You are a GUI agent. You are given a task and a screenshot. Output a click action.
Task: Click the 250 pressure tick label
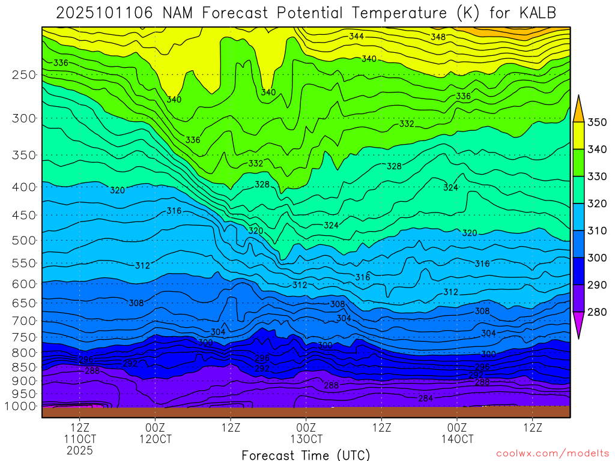pos(25,75)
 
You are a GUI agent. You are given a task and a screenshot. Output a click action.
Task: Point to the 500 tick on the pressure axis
pos(25,241)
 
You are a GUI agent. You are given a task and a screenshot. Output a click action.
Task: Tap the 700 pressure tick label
pos(25,321)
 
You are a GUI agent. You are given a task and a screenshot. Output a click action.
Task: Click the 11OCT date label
pos(80,439)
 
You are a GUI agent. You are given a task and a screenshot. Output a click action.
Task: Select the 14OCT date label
pos(457,439)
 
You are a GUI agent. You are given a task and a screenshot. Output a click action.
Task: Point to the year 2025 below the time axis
pos(80,450)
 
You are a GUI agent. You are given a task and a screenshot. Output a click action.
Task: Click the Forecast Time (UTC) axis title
pos(306,455)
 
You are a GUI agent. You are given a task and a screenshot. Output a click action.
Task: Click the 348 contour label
pos(438,37)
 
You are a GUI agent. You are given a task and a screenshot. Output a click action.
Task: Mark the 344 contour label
pos(356,37)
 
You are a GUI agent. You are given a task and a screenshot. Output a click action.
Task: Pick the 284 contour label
pos(426,399)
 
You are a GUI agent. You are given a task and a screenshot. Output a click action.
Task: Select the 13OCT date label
pos(306,439)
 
